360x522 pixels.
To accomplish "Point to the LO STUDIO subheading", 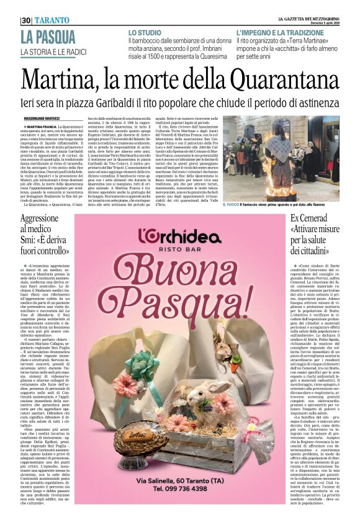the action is [145, 32].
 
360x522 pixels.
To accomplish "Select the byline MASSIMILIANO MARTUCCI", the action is [43, 118].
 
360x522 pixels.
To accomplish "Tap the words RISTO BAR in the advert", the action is [181, 256].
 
